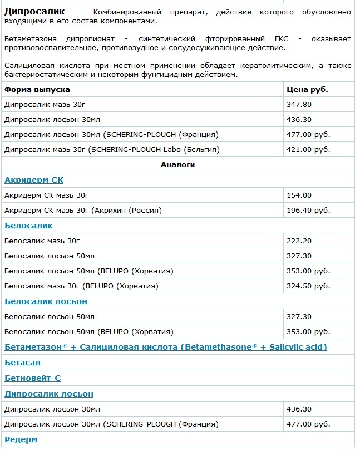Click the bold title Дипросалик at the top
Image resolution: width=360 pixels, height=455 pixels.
34,12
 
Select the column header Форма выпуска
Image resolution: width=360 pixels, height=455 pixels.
37,89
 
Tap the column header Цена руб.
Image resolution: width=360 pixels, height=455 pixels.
307,89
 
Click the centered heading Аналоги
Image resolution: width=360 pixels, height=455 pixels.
177,165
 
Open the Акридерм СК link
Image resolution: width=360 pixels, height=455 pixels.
34,180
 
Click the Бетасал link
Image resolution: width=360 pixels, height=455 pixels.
22,363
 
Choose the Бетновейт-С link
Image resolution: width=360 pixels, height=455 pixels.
32,378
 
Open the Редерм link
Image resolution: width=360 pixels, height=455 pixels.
21,439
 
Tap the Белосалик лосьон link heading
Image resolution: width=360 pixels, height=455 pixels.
46,301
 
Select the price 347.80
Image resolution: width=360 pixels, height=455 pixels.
299,104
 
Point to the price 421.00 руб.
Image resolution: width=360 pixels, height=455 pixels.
308,150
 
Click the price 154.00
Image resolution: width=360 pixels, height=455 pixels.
299,195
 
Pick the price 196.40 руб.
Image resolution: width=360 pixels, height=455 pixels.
308,211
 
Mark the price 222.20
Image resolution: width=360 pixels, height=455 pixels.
299,241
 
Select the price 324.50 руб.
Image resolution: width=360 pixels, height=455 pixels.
308,286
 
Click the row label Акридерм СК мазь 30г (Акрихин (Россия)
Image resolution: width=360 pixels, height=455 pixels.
83,211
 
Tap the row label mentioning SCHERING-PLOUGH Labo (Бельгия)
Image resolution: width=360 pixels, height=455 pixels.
112,150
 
